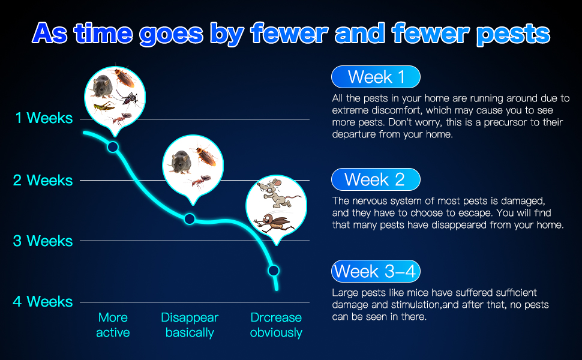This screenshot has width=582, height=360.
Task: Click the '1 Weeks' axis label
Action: (44, 118)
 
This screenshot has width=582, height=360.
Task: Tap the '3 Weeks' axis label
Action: (43, 241)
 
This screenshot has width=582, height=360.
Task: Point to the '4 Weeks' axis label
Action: (43, 301)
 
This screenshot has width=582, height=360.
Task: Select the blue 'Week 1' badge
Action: (376, 77)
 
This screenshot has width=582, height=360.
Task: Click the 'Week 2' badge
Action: (376, 179)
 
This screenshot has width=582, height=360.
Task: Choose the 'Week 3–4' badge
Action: (376, 271)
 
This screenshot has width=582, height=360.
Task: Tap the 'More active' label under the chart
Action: (113, 325)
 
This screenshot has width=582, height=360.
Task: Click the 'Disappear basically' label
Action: (190, 325)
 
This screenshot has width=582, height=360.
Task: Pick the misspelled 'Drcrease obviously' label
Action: (276, 325)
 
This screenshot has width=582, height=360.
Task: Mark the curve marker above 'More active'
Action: (113, 147)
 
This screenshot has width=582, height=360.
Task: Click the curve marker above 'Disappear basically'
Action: (190, 219)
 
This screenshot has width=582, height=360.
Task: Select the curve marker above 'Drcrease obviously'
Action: (274, 271)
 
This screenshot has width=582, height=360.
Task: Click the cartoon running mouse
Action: (278, 193)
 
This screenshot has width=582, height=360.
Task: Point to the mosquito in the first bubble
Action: (128, 98)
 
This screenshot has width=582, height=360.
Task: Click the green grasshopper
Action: (104, 107)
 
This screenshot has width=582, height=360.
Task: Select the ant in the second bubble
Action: (199, 181)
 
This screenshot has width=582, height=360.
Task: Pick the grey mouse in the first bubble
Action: (102, 86)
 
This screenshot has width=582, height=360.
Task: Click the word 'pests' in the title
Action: (513, 34)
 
